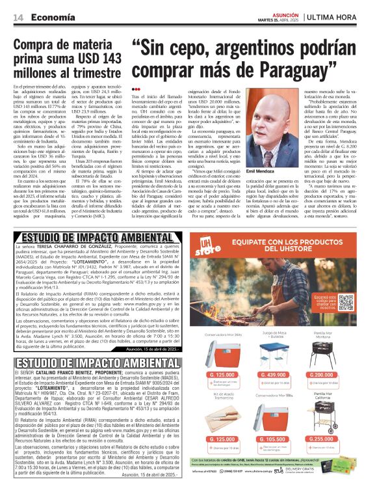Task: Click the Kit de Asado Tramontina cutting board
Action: [225, 417]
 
